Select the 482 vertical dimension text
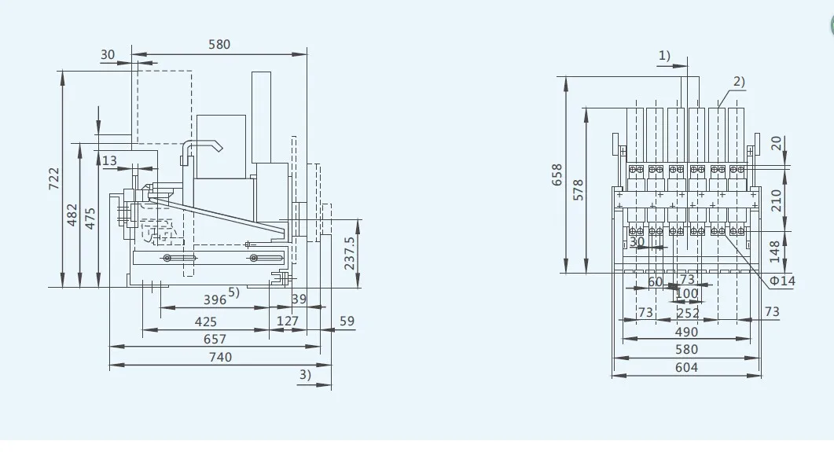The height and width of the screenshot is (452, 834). [x=72, y=214]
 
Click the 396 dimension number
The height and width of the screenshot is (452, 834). [x=215, y=300]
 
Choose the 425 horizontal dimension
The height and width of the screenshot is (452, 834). [x=205, y=321]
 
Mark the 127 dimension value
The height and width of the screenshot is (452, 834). [x=288, y=321]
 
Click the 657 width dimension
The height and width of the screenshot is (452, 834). [x=215, y=339]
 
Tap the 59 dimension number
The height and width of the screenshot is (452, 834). [x=347, y=321]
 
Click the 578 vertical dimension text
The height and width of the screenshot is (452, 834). [x=579, y=189]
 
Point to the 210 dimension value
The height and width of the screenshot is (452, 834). [x=777, y=200]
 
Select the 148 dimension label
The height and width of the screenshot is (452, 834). [x=777, y=252]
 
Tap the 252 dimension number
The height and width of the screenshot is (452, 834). [x=688, y=313]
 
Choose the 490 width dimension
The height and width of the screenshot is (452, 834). [x=685, y=332]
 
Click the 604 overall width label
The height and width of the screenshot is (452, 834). [x=685, y=368]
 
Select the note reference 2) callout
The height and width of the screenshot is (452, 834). [x=739, y=81]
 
